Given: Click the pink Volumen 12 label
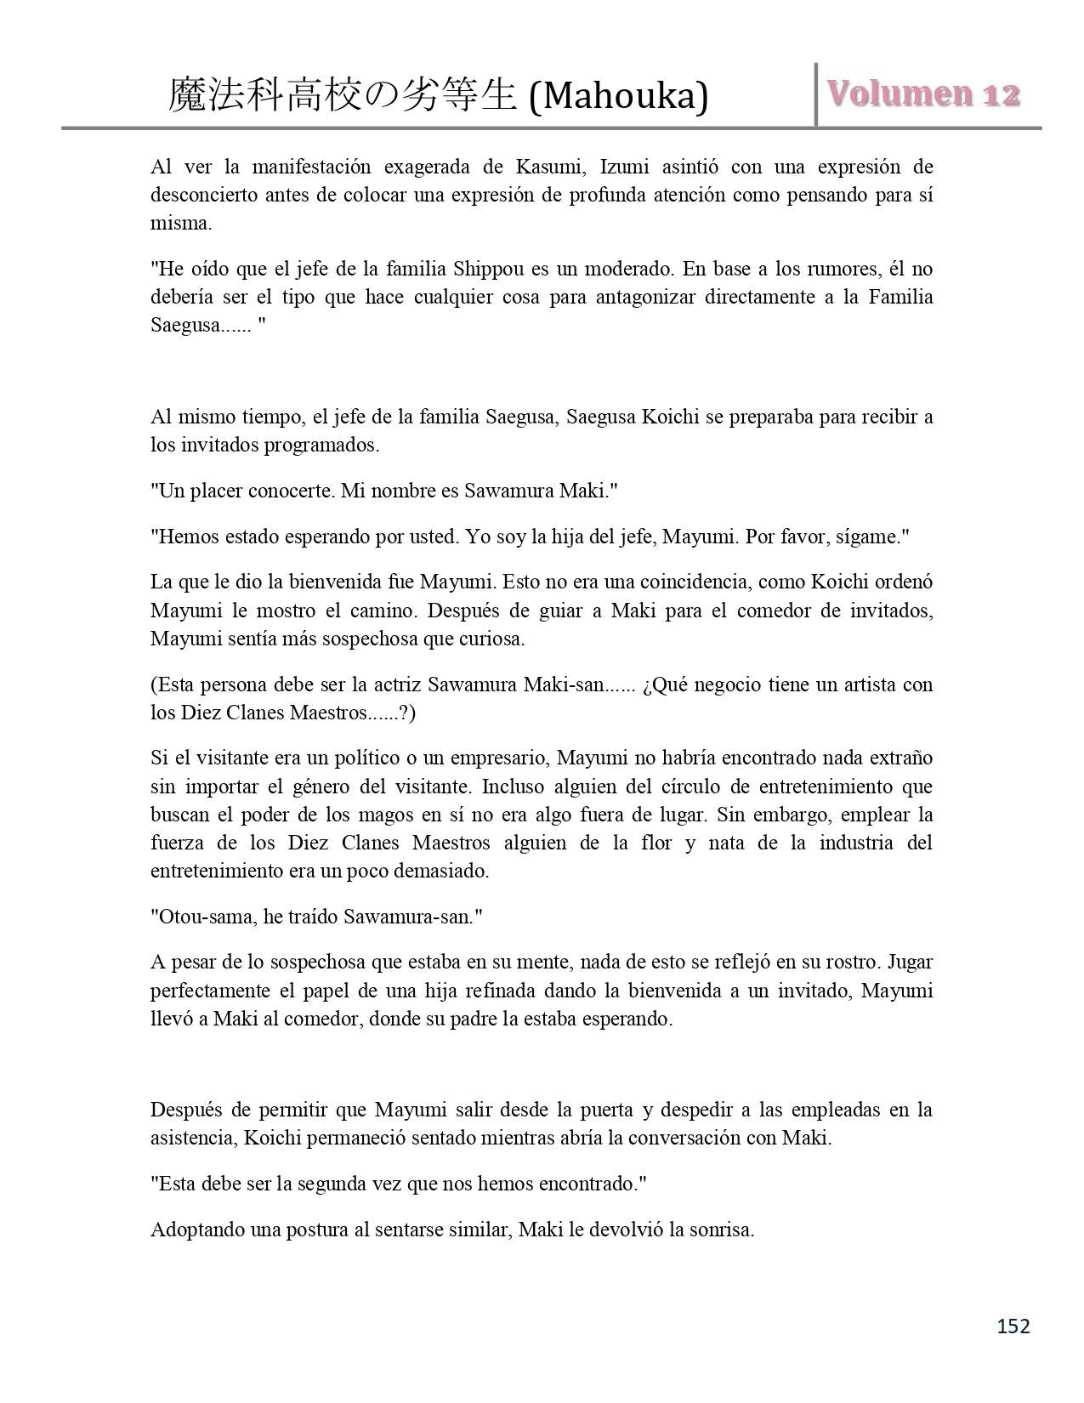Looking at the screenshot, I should click(x=923, y=94).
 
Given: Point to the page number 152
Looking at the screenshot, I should click(x=1013, y=1326).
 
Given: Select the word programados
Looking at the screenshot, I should click(x=328, y=445).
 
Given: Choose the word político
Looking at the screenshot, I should click(x=366, y=758).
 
